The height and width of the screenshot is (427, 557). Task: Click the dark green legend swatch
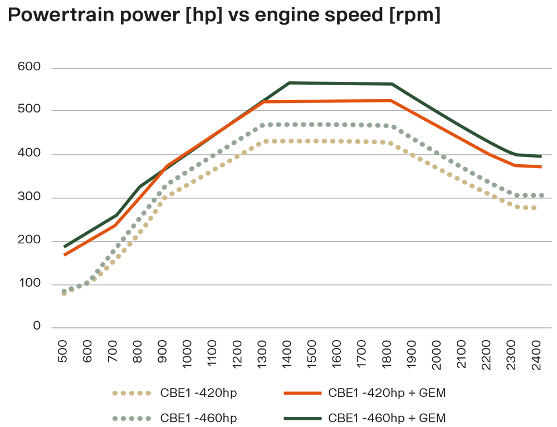[292, 415]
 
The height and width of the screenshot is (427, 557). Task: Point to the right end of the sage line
[543, 189]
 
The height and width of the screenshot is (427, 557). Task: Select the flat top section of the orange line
[340, 98]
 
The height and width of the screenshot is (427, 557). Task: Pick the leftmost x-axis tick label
[62, 337]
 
